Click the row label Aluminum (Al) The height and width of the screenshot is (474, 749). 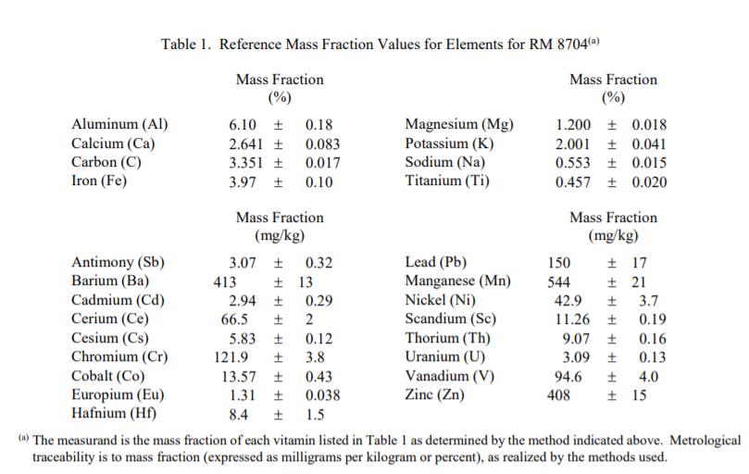point(119,125)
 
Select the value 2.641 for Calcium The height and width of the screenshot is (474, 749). point(247,144)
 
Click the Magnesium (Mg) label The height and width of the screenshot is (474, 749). point(460,125)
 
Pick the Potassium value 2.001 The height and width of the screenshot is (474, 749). point(574,144)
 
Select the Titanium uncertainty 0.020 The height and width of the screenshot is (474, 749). point(649,182)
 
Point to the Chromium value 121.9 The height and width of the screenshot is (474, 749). point(231,357)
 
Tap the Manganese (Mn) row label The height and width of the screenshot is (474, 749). point(458,281)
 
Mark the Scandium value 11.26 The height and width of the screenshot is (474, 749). point(571,319)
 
